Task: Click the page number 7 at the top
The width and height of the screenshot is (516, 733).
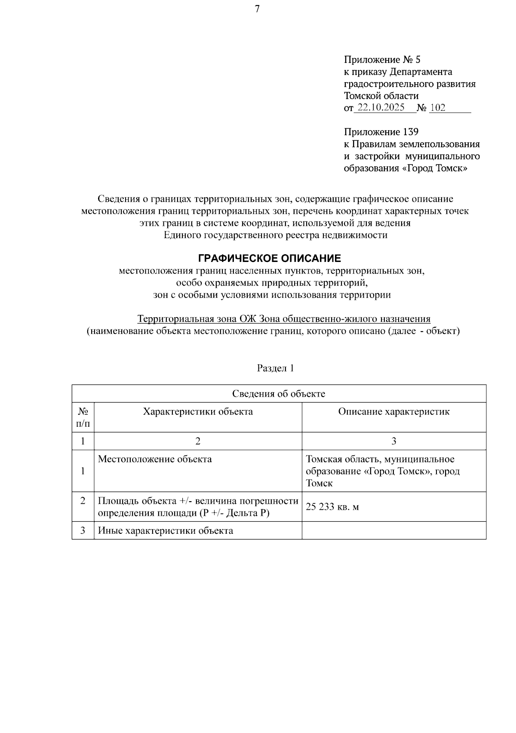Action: pos(257,9)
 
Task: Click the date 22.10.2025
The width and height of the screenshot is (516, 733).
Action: pos(381,108)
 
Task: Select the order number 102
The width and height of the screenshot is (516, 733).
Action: pos(438,108)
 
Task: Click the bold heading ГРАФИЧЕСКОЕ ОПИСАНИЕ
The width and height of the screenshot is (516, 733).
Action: pos(269,259)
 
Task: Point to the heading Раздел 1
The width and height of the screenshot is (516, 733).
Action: pos(275,368)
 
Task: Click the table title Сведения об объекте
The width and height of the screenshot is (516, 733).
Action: pos(279,394)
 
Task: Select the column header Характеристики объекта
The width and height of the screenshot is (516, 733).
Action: pos(198,412)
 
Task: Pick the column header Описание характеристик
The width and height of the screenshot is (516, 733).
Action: pos(394,412)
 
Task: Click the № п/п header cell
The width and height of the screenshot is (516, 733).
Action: pos(83,418)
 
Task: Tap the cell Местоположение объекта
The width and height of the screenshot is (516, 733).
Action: pos(155,459)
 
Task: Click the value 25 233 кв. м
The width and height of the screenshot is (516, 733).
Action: pos(332,507)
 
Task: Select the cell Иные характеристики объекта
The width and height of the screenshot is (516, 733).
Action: pos(166,531)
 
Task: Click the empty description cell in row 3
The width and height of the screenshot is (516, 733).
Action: pos(394,531)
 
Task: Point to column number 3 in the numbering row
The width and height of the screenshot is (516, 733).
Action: pos(394,441)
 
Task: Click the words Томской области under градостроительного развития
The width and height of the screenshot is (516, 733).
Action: pos(381,95)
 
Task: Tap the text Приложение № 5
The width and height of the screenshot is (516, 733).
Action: pos(379,59)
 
